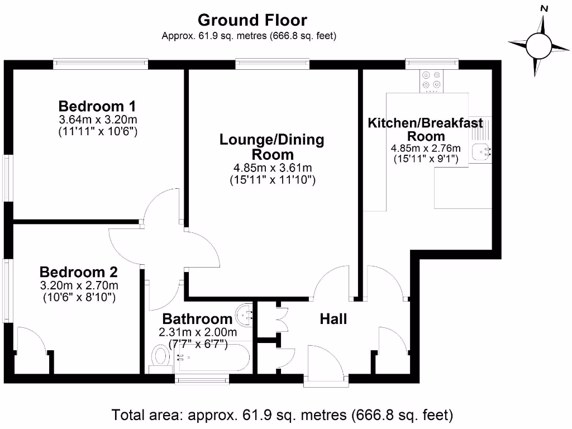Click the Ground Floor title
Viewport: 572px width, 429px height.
point(252,21)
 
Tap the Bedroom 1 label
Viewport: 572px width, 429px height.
point(97,106)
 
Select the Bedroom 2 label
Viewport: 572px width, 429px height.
point(79,272)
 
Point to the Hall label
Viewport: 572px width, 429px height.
point(333,319)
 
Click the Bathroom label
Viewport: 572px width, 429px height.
point(197,319)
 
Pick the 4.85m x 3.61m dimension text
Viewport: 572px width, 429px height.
point(273,168)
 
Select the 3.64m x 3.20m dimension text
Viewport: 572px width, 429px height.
point(98,120)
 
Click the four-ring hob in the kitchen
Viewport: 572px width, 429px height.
point(431,80)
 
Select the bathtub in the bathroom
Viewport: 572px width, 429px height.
point(211,359)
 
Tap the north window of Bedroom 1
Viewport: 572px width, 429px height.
point(101,64)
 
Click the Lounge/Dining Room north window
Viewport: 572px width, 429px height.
point(272,64)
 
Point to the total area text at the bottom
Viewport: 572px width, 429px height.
point(282,415)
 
